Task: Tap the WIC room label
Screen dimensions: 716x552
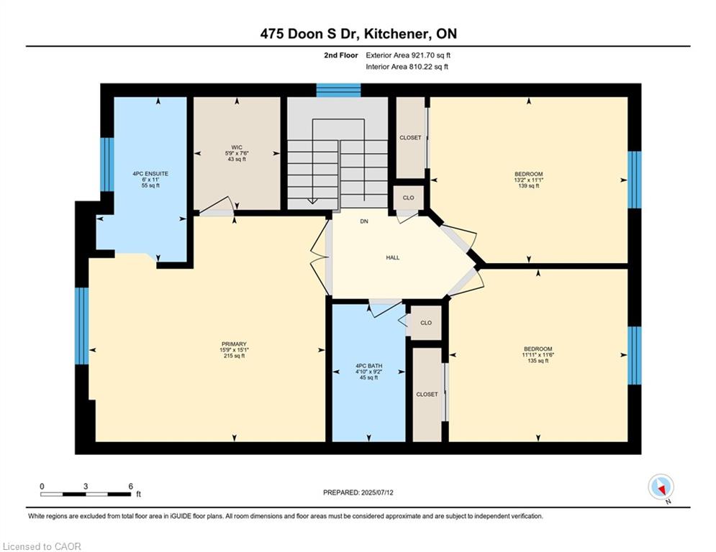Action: (237, 147)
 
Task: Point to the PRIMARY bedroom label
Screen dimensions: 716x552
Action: (234, 344)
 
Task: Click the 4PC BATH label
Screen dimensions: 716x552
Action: (368, 366)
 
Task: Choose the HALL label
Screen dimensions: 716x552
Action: (393, 257)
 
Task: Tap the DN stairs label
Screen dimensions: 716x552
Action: (364, 221)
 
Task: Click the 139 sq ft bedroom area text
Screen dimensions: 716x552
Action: (529, 185)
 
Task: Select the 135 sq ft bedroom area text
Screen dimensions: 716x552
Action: (538, 360)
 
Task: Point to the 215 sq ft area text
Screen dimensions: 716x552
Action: (234, 356)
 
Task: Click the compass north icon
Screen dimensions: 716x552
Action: (661, 487)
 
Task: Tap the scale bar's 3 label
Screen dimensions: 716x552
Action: (86, 487)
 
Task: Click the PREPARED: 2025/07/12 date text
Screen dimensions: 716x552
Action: (358, 492)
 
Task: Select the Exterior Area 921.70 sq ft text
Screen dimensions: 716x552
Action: (408, 55)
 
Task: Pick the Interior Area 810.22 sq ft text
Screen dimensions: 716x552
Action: (407, 67)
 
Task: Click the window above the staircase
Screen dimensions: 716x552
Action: (339, 90)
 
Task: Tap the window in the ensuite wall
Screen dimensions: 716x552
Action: (107, 164)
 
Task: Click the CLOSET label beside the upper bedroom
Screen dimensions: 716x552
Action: (410, 137)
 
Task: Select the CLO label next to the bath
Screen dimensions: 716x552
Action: (426, 323)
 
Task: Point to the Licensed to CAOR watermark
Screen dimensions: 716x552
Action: (42, 546)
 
